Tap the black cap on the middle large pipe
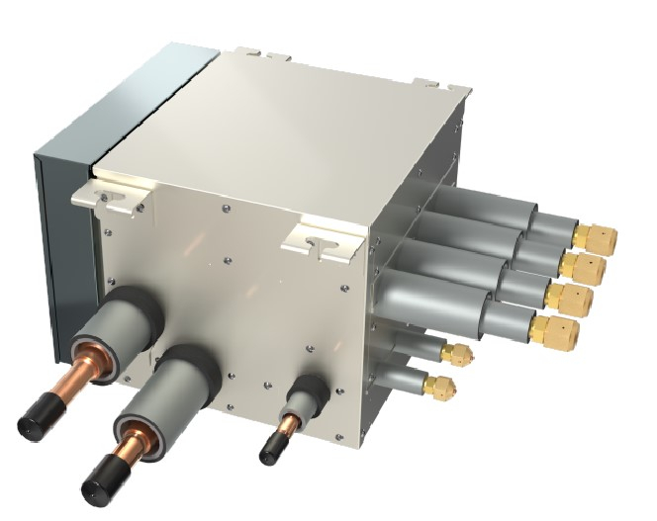tap(100, 482)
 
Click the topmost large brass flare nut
tap(598, 237)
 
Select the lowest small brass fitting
tap(441, 384)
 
